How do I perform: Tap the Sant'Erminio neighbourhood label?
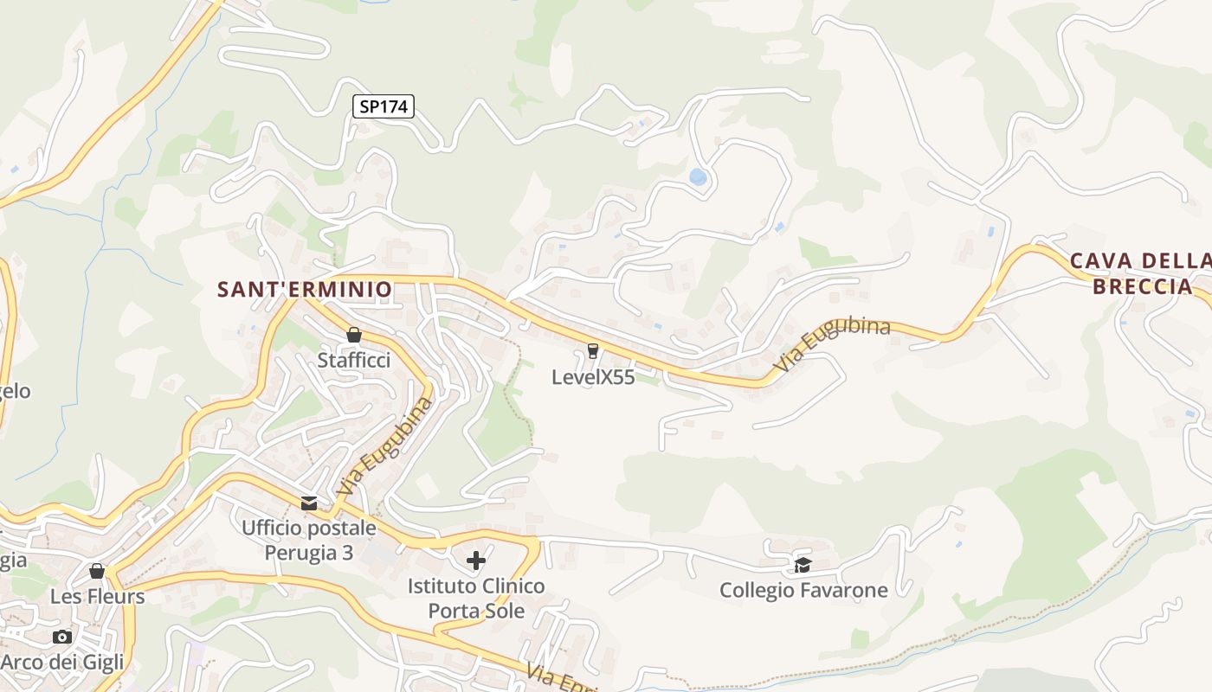pyautogui.click(x=305, y=289)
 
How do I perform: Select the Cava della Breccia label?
pyautogui.click(x=1142, y=273)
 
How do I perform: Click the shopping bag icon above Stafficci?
pyautogui.click(x=353, y=335)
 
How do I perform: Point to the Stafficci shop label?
pyautogui.click(x=353, y=360)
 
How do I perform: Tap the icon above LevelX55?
pyautogui.click(x=593, y=350)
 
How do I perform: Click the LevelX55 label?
pyautogui.click(x=593, y=377)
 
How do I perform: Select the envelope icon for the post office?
pyautogui.click(x=308, y=503)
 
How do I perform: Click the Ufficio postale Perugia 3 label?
pyautogui.click(x=309, y=540)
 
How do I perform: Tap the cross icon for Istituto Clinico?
pyautogui.click(x=476, y=561)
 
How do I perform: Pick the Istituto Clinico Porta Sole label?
pyautogui.click(x=476, y=599)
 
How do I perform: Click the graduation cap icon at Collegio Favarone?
pyautogui.click(x=803, y=566)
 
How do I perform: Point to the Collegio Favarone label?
pyautogui.click(x=803, y=591)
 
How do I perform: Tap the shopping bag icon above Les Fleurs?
pyautogui.click(x=97, y=571)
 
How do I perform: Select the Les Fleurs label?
pyautogui.click(x=97, y=597)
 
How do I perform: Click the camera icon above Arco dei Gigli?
pyautogui.click(x=62, y=638)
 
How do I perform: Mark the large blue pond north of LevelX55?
pyautogui.click(x=698, y=177)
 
